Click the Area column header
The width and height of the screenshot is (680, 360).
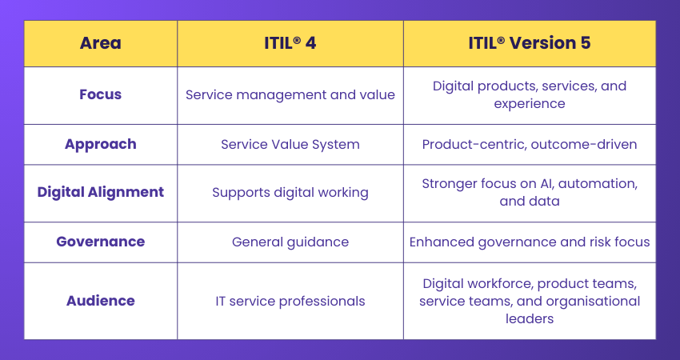(x=101, y=43)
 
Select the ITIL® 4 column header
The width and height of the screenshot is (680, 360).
(x=290, y=43)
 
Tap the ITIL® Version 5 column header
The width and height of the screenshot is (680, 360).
(x=530, y=43)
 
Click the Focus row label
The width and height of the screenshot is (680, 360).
(x=101, y=94)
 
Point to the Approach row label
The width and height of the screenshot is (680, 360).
(x=101, y=144)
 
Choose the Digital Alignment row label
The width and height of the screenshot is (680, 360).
(x=101, y=192)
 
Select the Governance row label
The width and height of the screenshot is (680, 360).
(x=101, y=242)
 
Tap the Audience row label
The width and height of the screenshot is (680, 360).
(x=101, y=301)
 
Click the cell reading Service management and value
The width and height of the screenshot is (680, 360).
(x=290, y=94)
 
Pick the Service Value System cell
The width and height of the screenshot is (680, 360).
(x=290, y=145)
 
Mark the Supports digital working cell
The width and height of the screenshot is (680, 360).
(x=290, y=192)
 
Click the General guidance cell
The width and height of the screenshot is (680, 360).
(x=290, y=242)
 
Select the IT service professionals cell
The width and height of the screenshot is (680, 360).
(x=290, y=302)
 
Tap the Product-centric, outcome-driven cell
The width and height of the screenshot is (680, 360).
(x=530, y=145)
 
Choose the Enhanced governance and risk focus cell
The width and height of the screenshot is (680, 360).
(x=530, y=242)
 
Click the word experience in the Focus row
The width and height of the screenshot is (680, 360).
(x=530, y=104)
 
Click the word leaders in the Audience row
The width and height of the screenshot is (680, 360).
(x=530, y=318)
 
